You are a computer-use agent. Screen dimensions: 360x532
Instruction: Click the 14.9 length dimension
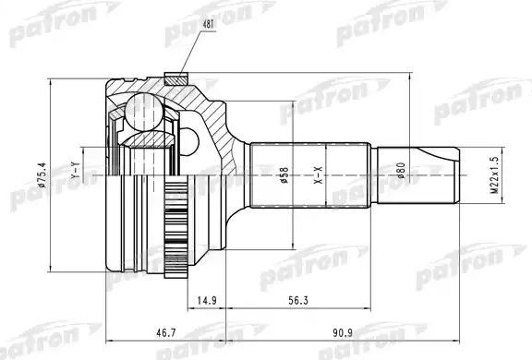tap(207, 298)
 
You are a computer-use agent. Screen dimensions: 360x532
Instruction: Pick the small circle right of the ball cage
tap(188, 140)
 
